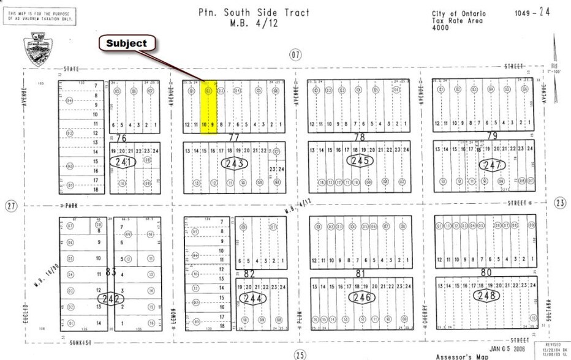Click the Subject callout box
pos(127,43)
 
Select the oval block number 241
pos(121,162)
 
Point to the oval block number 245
pos(359,160)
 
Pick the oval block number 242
pos(110,299)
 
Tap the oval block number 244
pos(253,299)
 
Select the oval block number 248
pos(486,296)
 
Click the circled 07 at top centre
pos(297,56)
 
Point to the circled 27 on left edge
pos(10,206)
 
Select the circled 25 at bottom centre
pos(299,354)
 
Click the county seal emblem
pos(39,48)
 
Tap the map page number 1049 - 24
pos(532,12)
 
